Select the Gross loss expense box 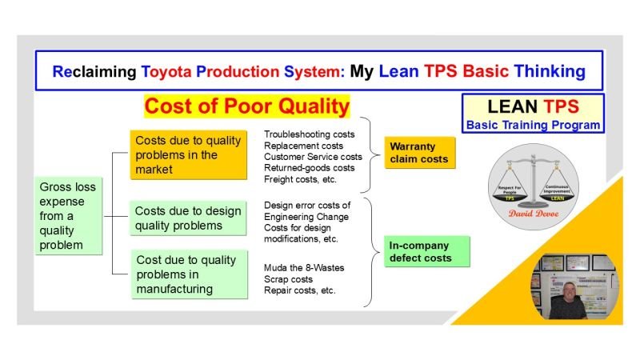point(68,215)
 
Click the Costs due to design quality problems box point(189,218)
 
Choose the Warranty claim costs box point(419,153)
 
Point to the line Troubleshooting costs point(310,134)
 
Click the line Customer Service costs point(313,157)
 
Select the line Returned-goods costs point(309,169)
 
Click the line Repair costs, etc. point(300,290)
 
